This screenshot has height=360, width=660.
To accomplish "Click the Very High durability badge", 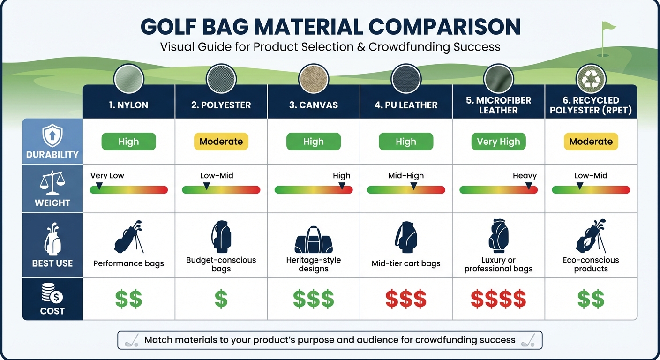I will click(x=498, y=142).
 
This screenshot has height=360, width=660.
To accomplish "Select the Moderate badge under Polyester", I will click(x=221, y=142).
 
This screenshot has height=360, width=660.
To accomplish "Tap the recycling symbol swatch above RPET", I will click(x=591, y=79).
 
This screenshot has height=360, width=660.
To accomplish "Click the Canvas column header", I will click(x=314, y=105).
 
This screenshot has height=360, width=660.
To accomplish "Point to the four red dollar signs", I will click(x=498, y=299).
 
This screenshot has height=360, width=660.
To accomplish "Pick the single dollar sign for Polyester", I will click(x=221, y=299).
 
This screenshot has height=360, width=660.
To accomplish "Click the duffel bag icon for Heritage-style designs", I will click(x=314, y=240).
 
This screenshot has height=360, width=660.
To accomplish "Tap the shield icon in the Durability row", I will click(x=52, y=136).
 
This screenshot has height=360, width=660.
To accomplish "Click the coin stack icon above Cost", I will click(x=52, y=294).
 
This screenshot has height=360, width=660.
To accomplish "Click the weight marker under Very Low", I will click(x=99, y=187).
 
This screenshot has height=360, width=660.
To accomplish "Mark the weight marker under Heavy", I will click(x=529, y=187).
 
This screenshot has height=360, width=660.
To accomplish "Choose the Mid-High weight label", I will click(x=406, y=176).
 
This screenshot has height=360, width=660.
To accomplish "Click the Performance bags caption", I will click(x=129, y=263).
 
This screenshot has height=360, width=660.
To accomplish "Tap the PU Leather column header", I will click(x=406, y=105).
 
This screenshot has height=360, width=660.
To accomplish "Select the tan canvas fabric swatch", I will click(x=314, y=79).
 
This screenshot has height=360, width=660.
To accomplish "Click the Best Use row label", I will click(x=52, y=263).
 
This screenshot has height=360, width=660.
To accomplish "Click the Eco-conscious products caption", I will click(x=591, y=264).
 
